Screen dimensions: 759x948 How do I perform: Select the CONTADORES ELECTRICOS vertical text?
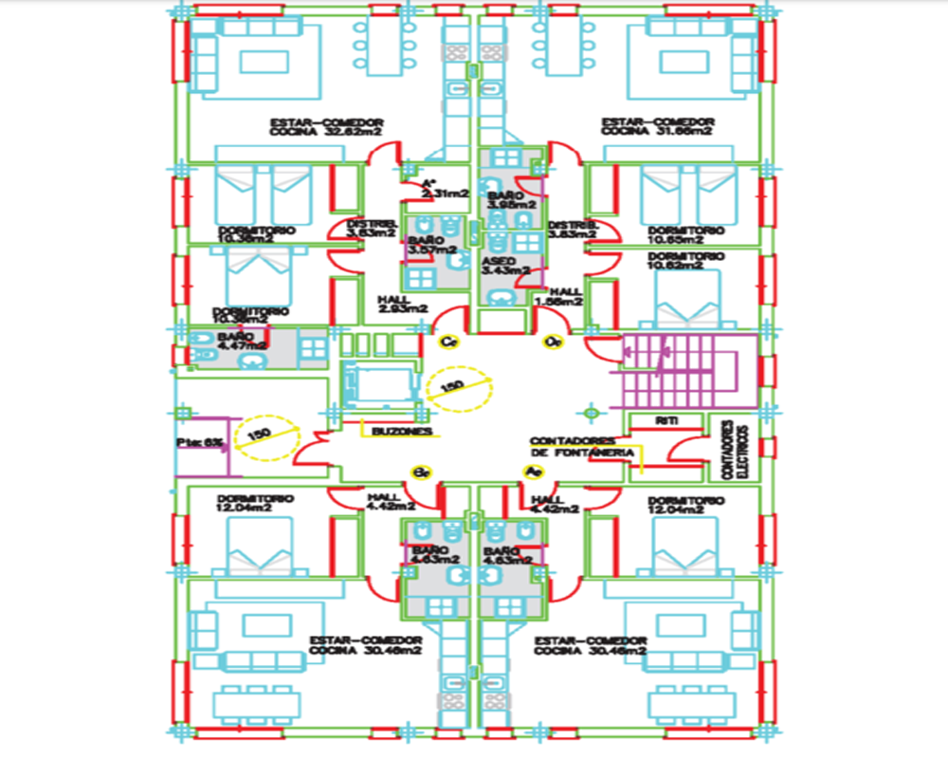(735, 446)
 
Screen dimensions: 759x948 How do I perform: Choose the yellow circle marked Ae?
(532, 472)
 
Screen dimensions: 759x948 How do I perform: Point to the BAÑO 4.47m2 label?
(241, 342)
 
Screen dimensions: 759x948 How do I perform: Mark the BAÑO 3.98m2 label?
(511, 198)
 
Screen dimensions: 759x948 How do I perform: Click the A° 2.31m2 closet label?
(444, 188)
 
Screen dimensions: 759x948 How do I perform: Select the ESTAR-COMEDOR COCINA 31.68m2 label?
(658, 129)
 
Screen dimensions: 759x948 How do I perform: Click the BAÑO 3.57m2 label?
(426, 245)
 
